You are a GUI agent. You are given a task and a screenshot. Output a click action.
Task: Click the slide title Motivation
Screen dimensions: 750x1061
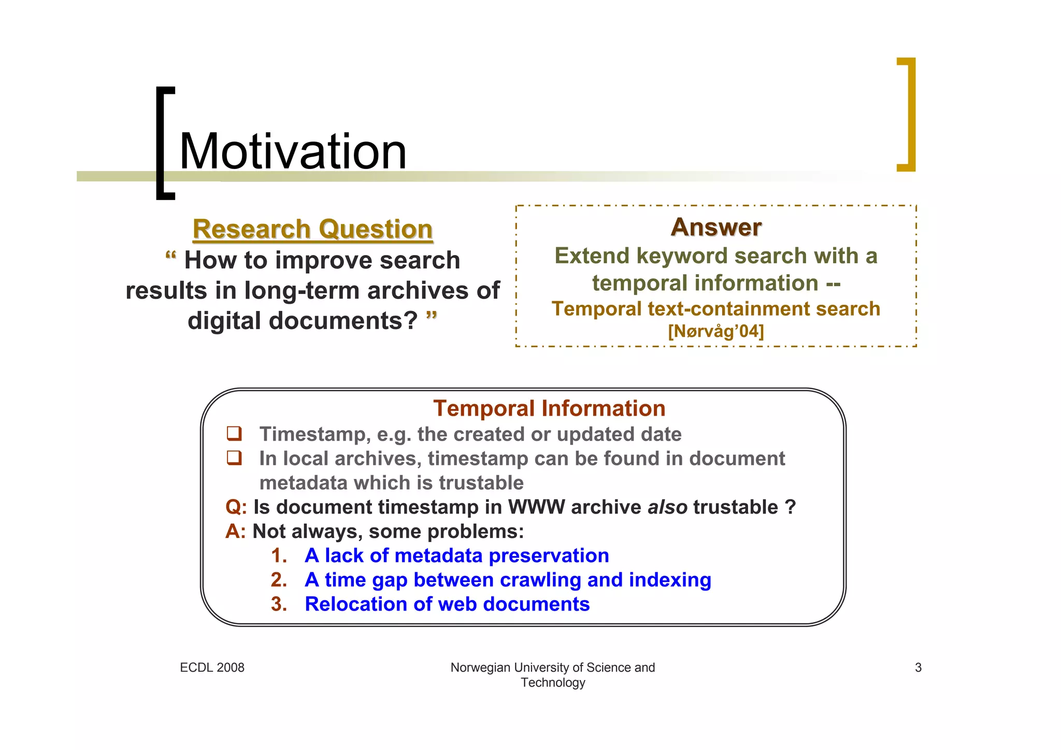coord(293,151)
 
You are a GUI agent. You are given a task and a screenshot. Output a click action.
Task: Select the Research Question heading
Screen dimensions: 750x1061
coord(312,229)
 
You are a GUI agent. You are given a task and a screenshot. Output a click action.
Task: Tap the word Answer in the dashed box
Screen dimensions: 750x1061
coord(716,227)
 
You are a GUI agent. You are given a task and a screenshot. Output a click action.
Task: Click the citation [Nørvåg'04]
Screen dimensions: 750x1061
coord(716,331)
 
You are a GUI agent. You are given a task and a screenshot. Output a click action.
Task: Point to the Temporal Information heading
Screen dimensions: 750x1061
coord(549,408)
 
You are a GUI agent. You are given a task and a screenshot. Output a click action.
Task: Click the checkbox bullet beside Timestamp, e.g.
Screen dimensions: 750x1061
coord(234,433)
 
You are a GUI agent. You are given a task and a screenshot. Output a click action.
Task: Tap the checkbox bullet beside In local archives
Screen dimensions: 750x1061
coord(234,458)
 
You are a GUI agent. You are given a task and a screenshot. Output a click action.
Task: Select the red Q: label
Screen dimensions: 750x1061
coord(236,507)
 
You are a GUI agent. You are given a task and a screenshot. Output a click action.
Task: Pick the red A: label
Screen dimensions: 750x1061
coord(236,531)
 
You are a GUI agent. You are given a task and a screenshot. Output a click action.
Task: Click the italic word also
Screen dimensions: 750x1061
coord(667,507)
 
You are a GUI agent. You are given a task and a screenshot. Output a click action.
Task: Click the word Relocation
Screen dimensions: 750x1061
coord(355,604)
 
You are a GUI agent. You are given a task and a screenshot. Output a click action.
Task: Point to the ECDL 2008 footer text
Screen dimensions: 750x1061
coord(212,668)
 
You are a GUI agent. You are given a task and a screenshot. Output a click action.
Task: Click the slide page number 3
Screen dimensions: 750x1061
coord(918,668)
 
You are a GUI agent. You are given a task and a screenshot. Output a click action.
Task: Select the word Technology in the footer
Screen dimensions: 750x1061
coord(553,683)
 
